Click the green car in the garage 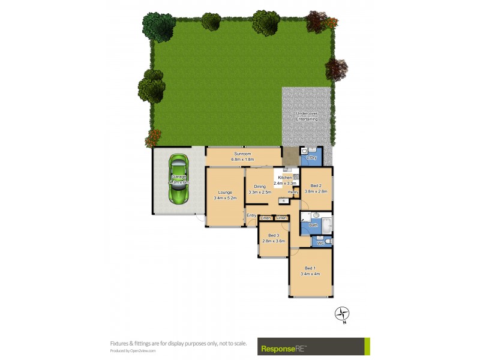[178, 180]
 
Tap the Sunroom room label [244, 154]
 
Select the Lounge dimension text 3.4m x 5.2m [226, 197]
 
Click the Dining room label [259, 187]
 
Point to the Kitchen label [284, 178]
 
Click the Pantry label [293, 192]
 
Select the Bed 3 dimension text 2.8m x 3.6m [274, 241]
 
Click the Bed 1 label [310, 268]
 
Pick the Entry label [251, 215]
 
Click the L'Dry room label [311, 157]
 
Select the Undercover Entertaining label [307, 116]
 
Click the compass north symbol [342, 314]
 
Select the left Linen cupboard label [266, 218]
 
